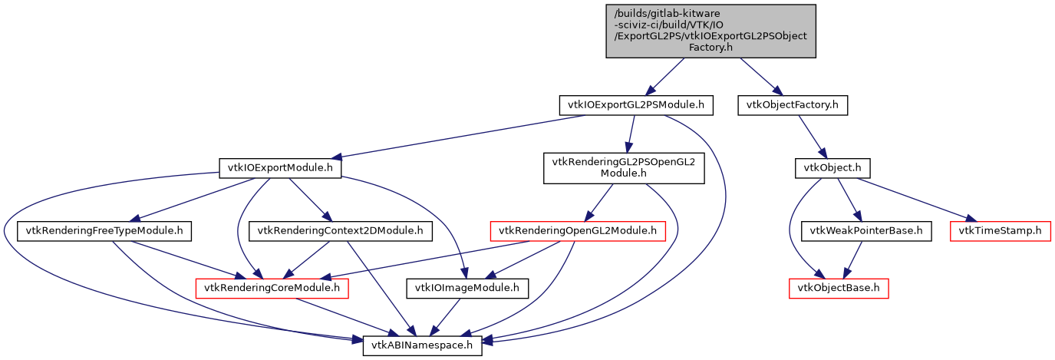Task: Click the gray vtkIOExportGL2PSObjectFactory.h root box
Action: tap(710, 31)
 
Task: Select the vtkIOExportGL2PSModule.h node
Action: tap(636, 105)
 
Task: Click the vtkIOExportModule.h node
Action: tap(280, 167)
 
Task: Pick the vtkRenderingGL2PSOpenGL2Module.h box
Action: tap(624, 167)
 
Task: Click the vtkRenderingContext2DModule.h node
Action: tap(340, 230)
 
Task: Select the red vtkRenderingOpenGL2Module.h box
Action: tap(578, 230)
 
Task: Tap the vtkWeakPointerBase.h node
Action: tap(866, 230)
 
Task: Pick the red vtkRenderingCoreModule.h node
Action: tap(273, 289)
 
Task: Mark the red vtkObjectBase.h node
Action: tap(839, 289)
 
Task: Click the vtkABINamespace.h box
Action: tap(423, 346)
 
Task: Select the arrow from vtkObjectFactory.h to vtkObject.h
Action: tap(811, 136)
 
